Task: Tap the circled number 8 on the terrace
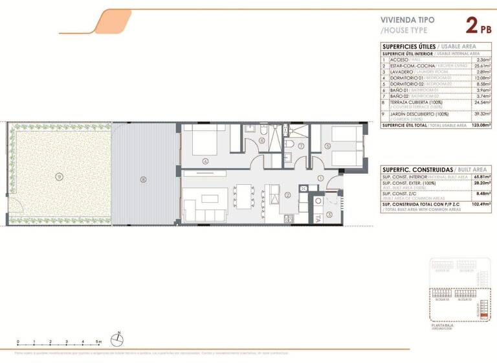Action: tap(144, 179)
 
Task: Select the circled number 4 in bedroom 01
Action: tap(205, 161)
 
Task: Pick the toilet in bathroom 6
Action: tap(263, 130)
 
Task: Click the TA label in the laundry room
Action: tap(318, 219)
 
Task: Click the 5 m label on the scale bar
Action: tap(98, 342)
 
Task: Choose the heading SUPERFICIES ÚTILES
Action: tap(408, 47)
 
